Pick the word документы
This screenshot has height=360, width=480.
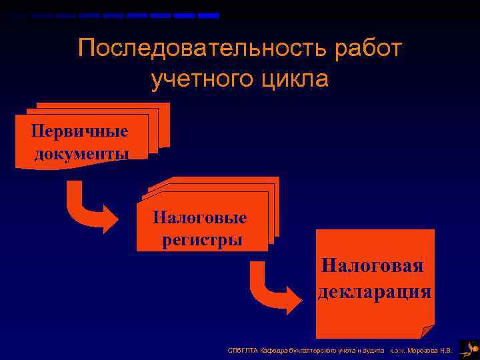click(x=81, y=153)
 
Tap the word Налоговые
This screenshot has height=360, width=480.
click(x=199, y=217)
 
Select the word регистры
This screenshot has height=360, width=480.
click(x=202, y=240)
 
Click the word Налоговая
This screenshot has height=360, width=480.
click(x=372, y=266)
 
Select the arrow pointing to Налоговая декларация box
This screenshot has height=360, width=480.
click(x=273, y=287)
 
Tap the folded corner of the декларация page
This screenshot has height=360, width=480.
click(x=427, y=331)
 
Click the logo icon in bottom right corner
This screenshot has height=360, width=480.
click(x=469, y=347)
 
